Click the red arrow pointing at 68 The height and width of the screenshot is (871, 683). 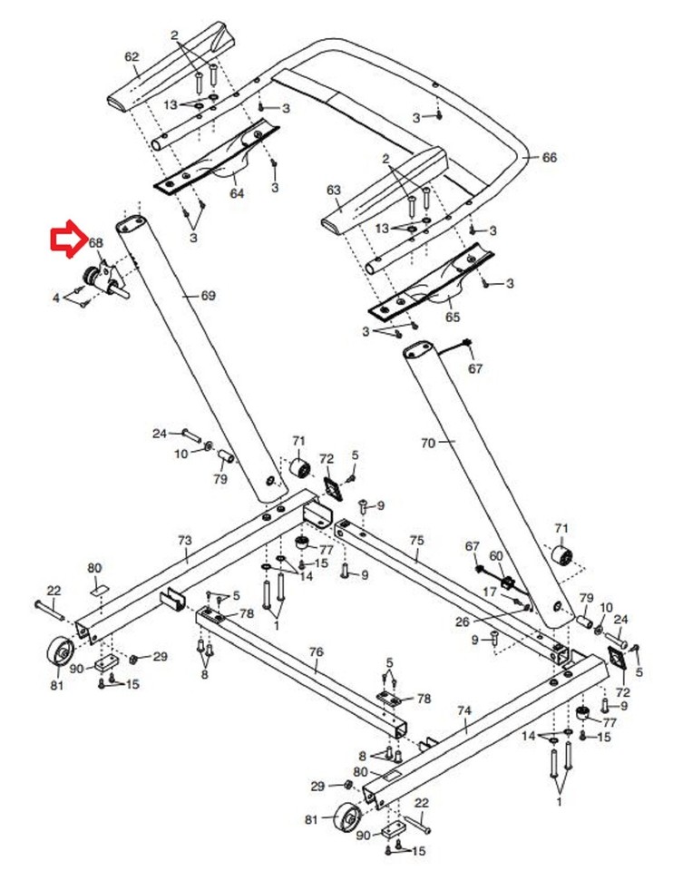[x=66, y=240]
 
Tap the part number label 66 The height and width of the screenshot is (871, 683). [x=549, y=158]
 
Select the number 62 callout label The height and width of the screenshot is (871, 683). [x=132, y=57]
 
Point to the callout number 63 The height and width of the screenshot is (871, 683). [x=333, y=191]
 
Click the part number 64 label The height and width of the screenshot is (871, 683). [x=237, y=193]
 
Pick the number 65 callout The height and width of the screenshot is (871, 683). [x=452, y=317]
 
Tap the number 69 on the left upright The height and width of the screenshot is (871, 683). [x=208, y=296]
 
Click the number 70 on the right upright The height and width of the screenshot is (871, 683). [x=428, y=443]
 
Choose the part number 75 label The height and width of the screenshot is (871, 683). [x=416, y=540]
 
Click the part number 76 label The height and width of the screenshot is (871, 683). [x=316, y=651]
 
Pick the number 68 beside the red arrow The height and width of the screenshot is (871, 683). [x=95, y=243]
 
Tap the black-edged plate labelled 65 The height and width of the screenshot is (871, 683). [x=434, y=285]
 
